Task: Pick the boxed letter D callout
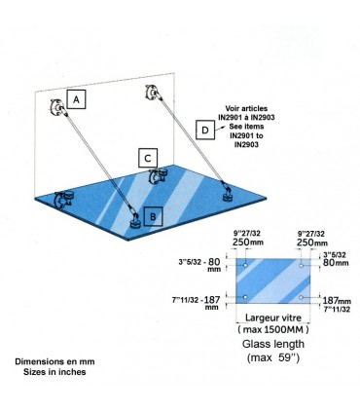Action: tap(204, 129)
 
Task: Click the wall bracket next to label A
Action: tap(54, 108)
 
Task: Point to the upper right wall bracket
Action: tap(151, 94)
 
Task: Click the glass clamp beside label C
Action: tap(156, 177)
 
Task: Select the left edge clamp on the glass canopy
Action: tap(65, 201)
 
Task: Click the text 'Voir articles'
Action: tap(246, 109)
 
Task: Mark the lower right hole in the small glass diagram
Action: tap(304, 297)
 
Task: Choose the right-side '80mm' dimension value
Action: tap(336, 262)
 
